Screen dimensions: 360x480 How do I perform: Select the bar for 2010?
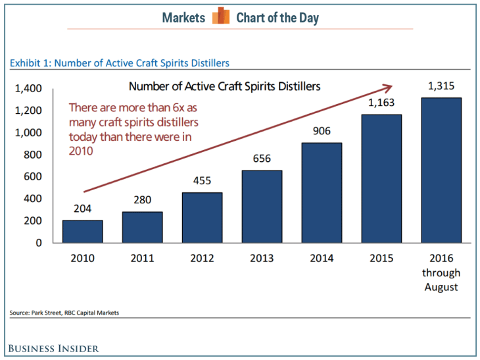(x=82, y=231)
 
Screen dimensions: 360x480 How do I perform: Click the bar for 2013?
(x=262, y=206)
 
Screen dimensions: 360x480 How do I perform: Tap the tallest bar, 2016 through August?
(x=441, y=170)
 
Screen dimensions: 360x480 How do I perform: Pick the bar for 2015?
(x=381, y=178)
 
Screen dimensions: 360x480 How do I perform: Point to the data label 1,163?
(x=381, y=103)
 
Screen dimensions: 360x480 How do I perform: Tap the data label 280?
(x=142, y=201)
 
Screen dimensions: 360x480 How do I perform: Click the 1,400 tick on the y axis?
(x=28, y=88)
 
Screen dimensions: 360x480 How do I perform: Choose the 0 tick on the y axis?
(x=39, y=242)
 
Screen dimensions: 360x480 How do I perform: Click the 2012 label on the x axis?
(x=202, y=258)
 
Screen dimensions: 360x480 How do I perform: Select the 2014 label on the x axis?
(x=322, y=258)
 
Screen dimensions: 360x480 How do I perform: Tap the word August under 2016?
(x=441, y=287)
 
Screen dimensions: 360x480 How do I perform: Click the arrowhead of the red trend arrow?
(x=389, y=86)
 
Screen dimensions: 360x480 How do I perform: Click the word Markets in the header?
(x=183, y=18)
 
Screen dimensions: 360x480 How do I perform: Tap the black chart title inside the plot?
(x=225, y=86)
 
